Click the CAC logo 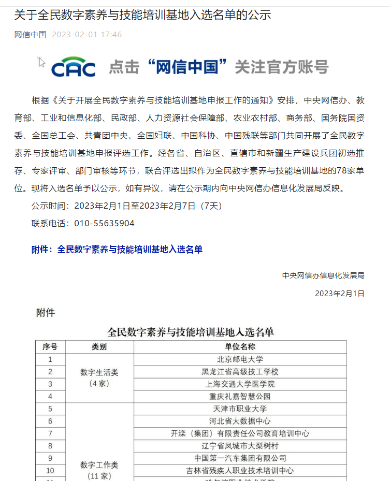click(73, 67)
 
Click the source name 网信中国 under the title click(30, 35)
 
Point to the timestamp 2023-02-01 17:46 click(87, 35)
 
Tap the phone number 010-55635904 click(104, 223)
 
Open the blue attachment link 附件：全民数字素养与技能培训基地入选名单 click(117, 250)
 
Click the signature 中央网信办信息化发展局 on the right click(323, 275)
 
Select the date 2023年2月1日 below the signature click(339, 294)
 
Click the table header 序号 click(50, 347)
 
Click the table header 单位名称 click(240, 347)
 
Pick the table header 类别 click(99, 347)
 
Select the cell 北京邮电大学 click(240, 359)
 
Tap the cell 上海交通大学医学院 click(240, 384)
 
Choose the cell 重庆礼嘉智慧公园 click(240, 397)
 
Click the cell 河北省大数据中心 click(240, 421)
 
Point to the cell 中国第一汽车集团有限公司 click(240, 458)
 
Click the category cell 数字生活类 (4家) click(99, 378)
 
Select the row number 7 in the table click(50, 433)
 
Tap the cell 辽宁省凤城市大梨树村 click(240, 446)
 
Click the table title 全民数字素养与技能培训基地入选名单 click(190, 331)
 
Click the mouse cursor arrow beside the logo click(41, 62)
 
